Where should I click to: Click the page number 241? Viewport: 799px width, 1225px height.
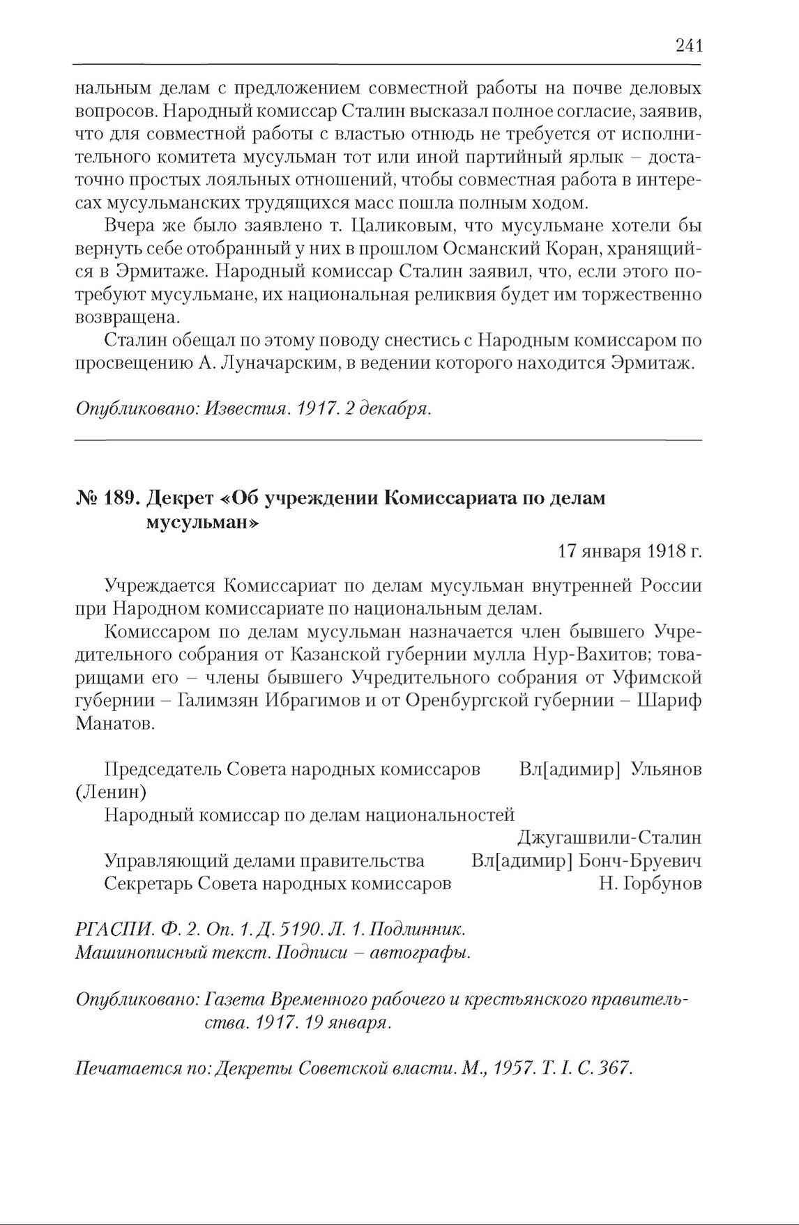click(688, 46)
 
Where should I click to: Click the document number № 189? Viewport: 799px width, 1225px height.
click(108, 499)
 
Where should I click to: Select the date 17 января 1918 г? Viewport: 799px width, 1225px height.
click(630, 552)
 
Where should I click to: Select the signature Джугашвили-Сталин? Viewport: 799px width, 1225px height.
click(609, 838)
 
